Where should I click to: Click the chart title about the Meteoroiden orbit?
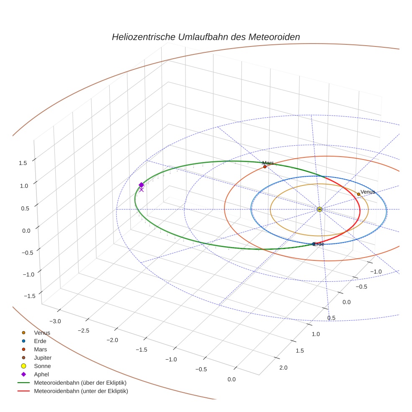(x=206, y=37)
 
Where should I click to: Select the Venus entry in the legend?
(x=42, y=333)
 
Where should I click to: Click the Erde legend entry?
(x=40, y=341)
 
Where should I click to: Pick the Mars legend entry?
(x=41, y=350)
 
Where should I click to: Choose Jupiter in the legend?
(x=43, y=358)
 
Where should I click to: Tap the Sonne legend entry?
(x=42, y=366)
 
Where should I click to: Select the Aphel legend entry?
(x=41, y=375)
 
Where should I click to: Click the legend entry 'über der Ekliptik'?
(x=80, y=383)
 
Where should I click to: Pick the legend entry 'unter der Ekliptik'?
(x=81, y=391)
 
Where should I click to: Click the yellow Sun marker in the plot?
(x=319, y=209)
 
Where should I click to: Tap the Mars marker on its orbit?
(x=265, y=167)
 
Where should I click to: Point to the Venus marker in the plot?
(x=358, y=194)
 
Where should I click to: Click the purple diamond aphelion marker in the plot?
(x=142, y=185)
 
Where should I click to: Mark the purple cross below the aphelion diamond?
(x=142, y=190)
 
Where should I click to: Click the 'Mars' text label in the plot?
(x=268, y=163)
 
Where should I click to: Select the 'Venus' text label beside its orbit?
(x=368, y=192)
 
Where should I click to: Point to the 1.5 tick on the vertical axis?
(x=23, y=163)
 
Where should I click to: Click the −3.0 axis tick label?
(x=55, y=322)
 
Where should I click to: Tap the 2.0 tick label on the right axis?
(x=283, y=368)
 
